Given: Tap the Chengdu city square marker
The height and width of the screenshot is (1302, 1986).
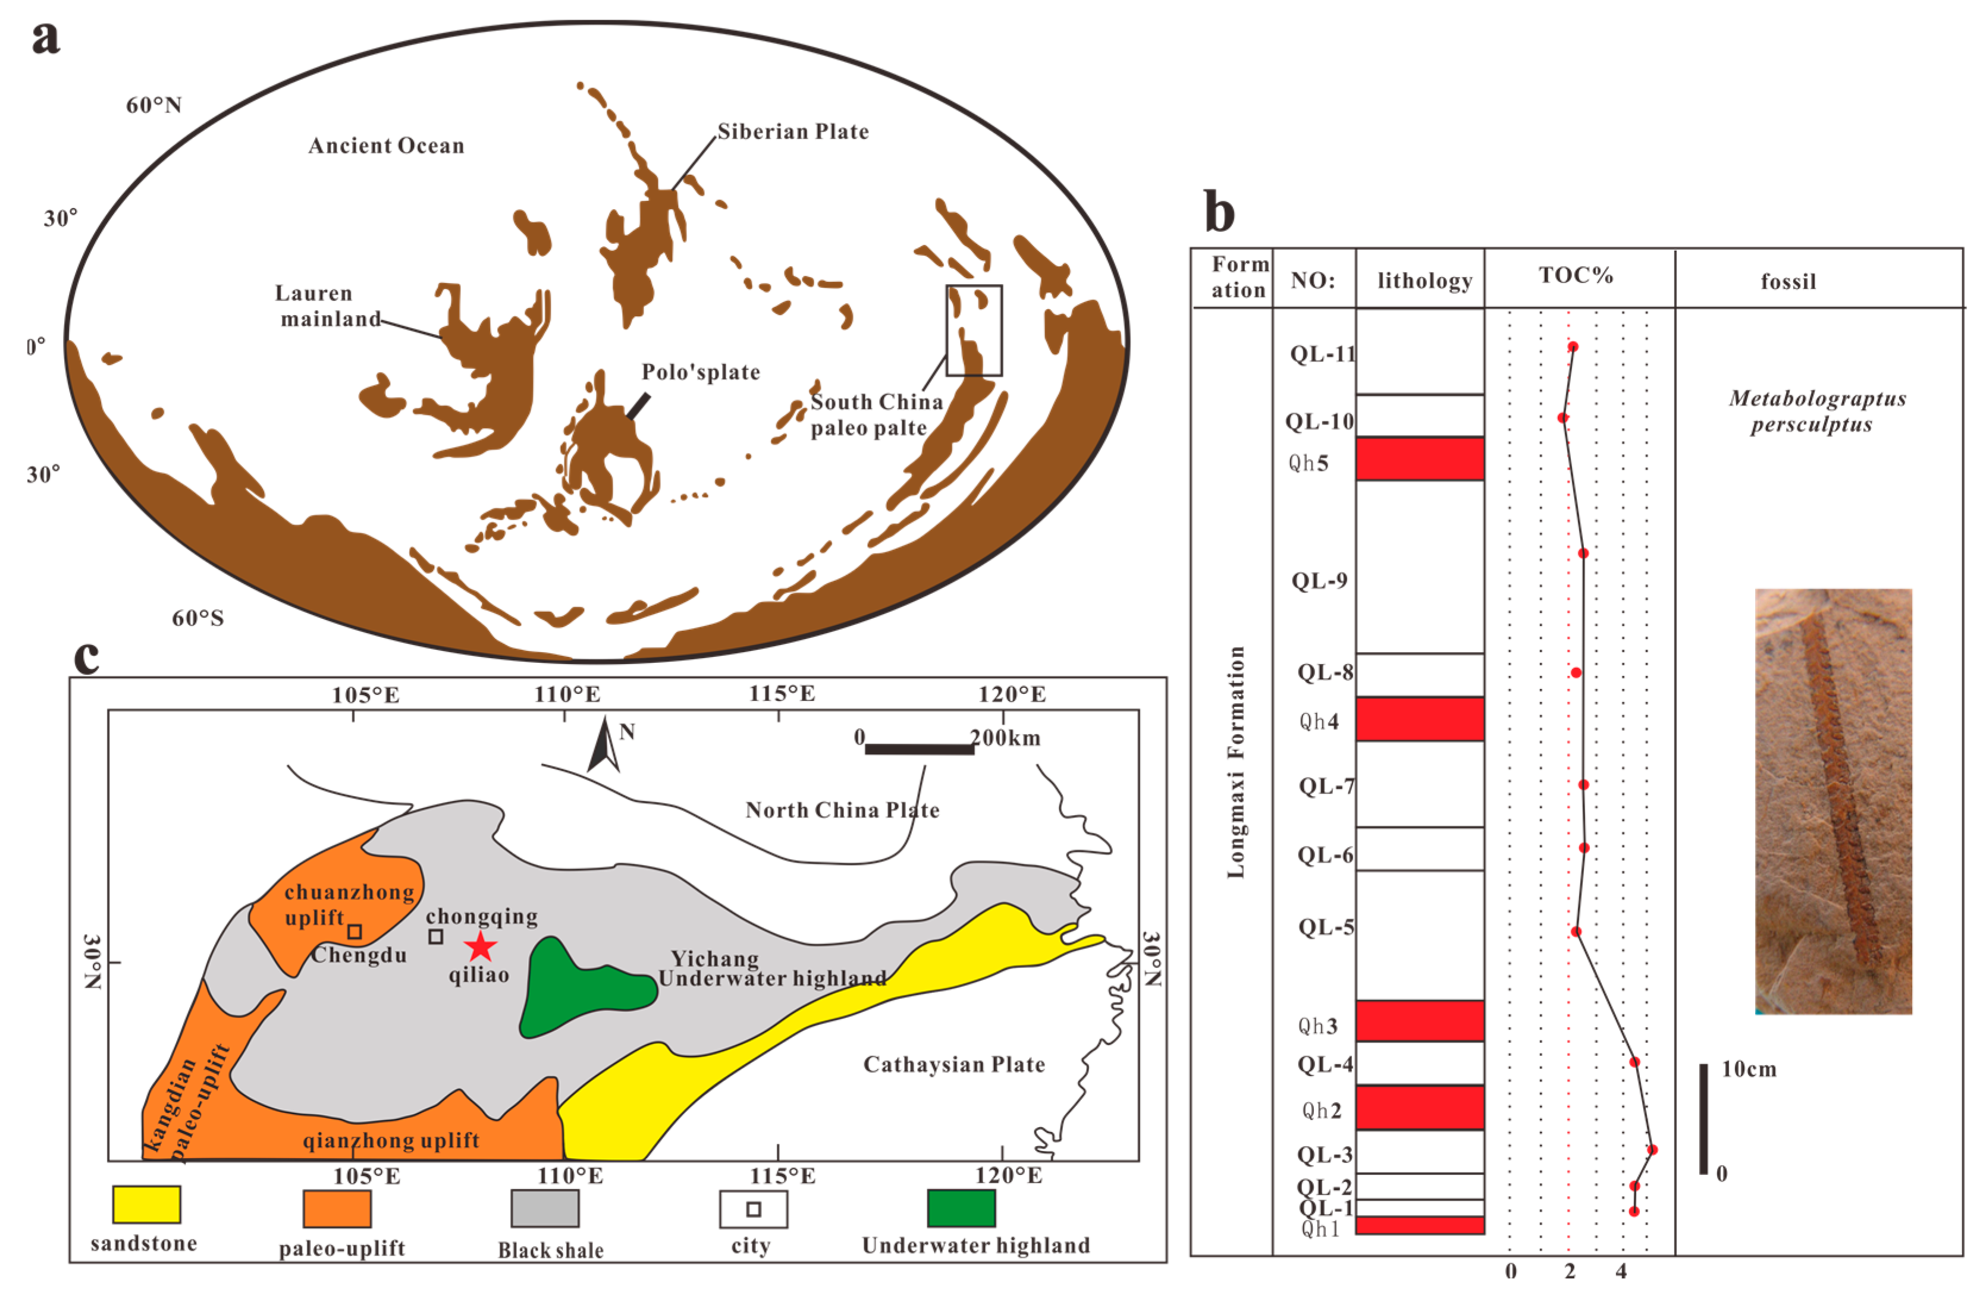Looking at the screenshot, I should point(354,932).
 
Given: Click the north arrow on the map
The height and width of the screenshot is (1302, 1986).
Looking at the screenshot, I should point(603,747).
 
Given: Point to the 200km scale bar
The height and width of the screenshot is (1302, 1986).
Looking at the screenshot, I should point(919,749).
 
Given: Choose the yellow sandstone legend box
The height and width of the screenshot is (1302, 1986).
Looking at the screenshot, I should point(146,1204).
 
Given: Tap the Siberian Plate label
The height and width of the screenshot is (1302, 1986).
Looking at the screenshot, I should point(793,132).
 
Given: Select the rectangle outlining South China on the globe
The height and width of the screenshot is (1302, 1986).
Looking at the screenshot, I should point(974,331).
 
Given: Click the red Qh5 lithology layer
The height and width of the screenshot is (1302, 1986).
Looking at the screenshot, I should point(1419,459).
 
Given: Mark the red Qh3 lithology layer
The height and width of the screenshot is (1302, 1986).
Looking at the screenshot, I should point(1419,1020).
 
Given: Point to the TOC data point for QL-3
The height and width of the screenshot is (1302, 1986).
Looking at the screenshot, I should point(1651,1149).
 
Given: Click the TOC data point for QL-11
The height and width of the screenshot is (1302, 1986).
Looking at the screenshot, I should point(1573,346).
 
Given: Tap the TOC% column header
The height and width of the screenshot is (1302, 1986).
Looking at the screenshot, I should point(1576,276).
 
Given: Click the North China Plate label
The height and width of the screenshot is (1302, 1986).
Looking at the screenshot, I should point(842,810).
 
